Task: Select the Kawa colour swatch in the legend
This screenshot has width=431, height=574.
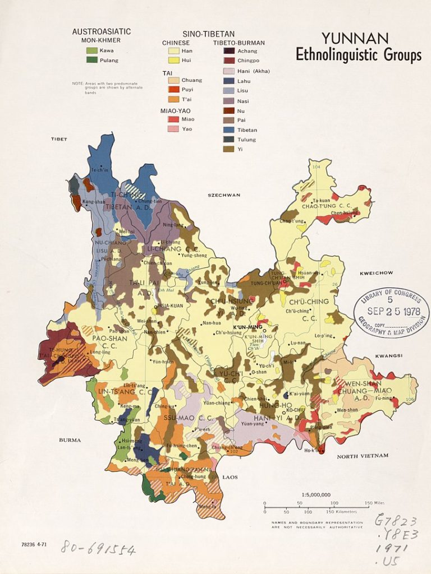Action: [90, 50]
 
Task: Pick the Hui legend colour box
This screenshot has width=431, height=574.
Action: [171, 60]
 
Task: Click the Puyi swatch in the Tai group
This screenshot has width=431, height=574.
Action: [171, 89]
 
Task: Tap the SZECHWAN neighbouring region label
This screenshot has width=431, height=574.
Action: [224, 195]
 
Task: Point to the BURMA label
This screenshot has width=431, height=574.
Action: [70, 440]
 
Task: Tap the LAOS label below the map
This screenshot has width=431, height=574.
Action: [230, 477]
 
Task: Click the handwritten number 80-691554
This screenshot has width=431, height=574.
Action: [98, 548]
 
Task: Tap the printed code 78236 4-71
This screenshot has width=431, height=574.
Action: [34, 544]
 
